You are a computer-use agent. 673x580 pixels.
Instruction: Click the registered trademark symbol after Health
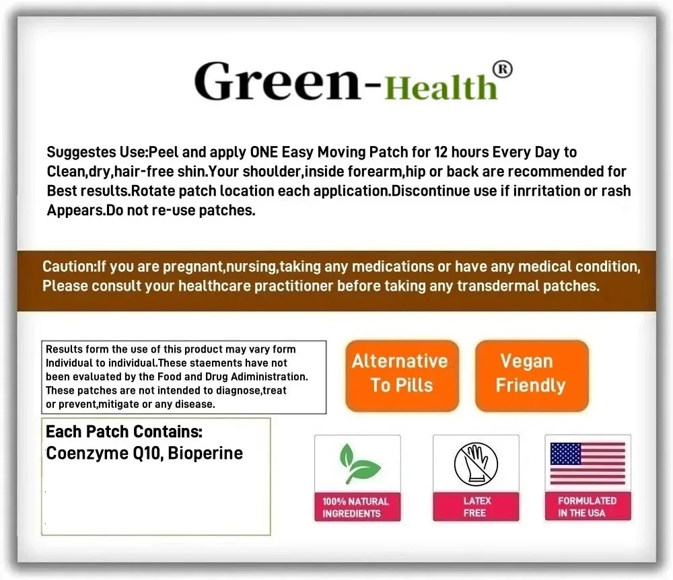click(x=502, y=69)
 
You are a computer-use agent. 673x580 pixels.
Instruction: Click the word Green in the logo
click(x=277, y=81)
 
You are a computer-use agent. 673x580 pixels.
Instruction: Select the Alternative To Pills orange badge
click(x=402, y=376)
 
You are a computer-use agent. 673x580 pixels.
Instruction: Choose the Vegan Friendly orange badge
click(x=532, y=376)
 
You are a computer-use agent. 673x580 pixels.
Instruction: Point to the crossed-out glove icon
click(x=476, y=464)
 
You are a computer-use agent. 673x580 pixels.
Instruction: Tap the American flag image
click(x=588, y=464)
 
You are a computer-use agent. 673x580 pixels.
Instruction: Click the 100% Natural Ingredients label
click(x=356, y=507)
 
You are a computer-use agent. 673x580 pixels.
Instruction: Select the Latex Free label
click(x=476, y=507)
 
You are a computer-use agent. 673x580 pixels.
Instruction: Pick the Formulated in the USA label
click(x=588, y=507)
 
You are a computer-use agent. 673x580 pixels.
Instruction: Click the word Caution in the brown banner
click(x=68, y=266)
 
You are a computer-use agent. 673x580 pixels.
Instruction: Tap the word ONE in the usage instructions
click(x=264, y=152)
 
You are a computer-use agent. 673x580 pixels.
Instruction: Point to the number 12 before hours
click(x=441, y=152)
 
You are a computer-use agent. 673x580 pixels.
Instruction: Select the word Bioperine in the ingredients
click(x=205, y=453)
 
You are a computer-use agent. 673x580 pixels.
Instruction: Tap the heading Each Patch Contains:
click(x=124, y=431)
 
